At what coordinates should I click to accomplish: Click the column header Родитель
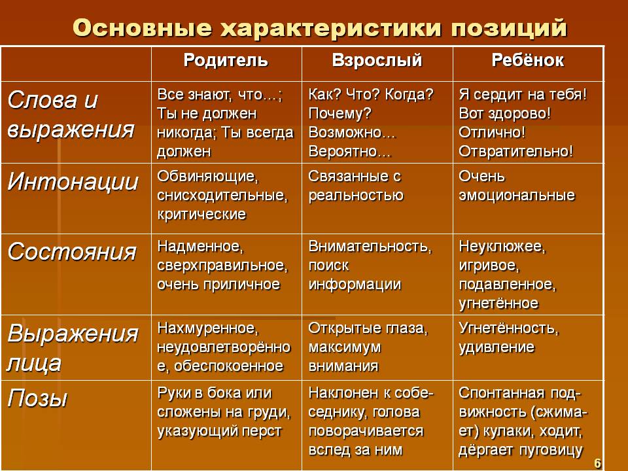(x=226, y=60)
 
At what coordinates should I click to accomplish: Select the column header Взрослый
(x=377, y=61)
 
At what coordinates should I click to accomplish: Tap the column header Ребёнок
(x=528, y=60)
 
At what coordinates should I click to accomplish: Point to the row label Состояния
(x=72, y=253)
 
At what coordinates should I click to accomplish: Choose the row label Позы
(x=38, y=399)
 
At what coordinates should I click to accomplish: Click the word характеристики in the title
(x=331, y=28)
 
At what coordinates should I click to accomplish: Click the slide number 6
(x=597, y=463)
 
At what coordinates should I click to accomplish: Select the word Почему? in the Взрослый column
(x=340, y=114)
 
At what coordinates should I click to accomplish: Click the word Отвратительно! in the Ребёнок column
(x=516, y=151)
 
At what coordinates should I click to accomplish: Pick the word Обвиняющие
(x=208, y=177)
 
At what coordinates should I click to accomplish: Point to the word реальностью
(x=356, y=196)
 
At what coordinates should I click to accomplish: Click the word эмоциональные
(x=517, y=196)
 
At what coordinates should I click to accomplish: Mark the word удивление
(x=497, y=347)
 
